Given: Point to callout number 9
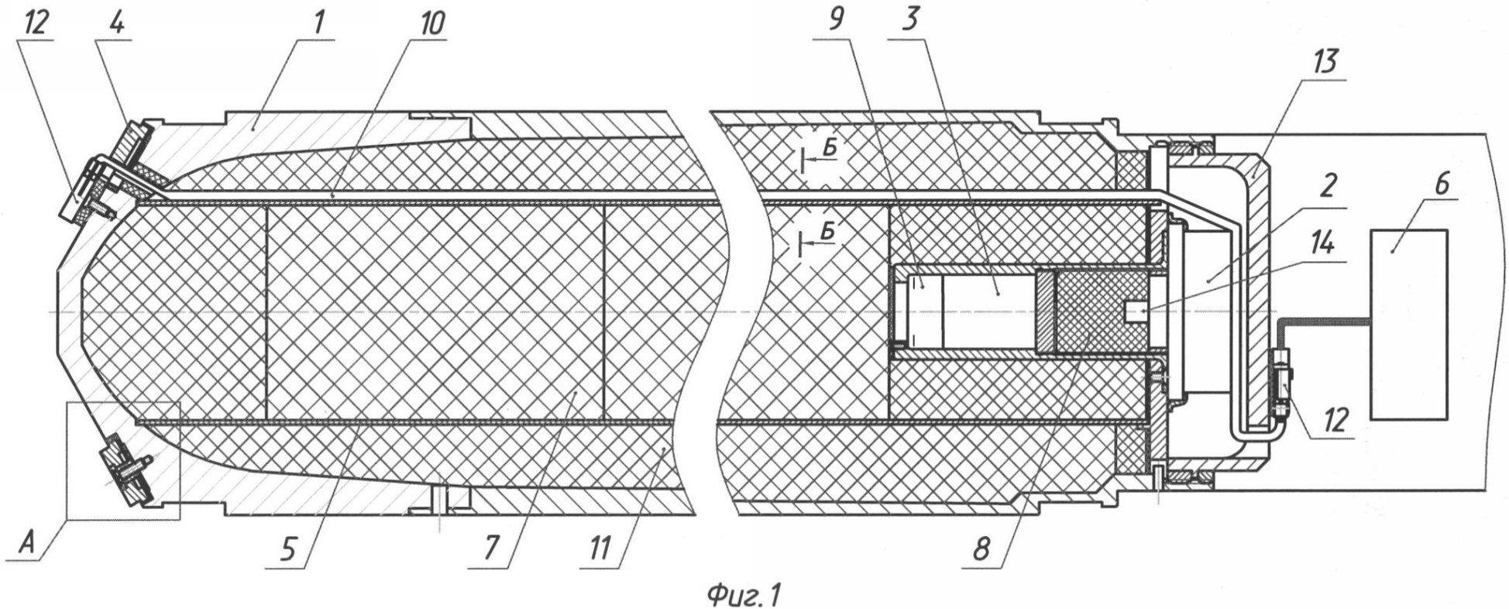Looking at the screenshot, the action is point(834,22).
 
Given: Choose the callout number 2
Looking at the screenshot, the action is point(1327,188).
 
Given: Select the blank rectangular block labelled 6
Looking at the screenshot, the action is point(1408,324).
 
